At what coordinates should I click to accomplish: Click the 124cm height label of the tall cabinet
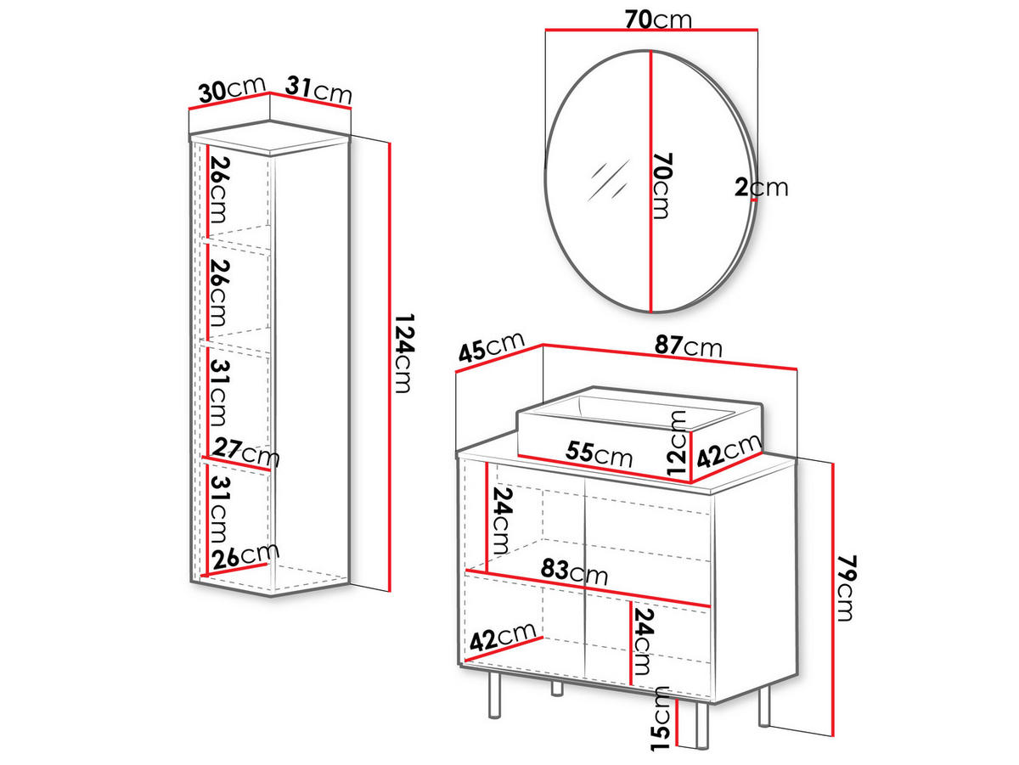[404, 354]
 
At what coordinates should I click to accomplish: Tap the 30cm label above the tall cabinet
[232, 90]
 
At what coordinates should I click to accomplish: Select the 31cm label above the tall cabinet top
[319, 90]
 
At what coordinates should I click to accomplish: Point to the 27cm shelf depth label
[246, 452]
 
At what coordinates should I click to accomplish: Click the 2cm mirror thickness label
[762, 188]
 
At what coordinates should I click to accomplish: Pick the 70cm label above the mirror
[658, 20]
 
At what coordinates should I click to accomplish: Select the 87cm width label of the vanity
[689, 346]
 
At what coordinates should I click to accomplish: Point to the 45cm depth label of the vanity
[492, 346]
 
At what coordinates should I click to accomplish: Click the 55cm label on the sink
[599, 453]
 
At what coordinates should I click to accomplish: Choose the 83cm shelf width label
[574, 571]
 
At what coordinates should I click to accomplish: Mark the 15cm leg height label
[660, 718]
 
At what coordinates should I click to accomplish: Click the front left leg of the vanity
[495, 695]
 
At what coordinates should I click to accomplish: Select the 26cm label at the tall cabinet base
[246, 555]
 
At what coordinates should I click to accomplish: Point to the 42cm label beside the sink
[729, 450]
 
